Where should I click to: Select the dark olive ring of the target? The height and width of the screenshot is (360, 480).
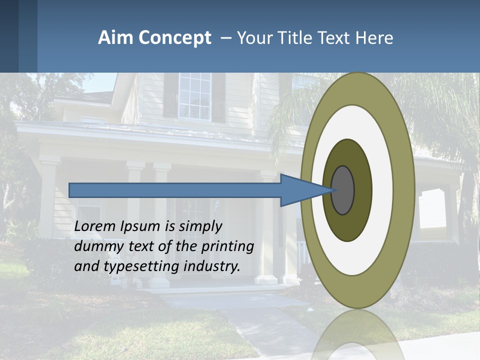coord(362,190)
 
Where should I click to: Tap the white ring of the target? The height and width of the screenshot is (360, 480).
coord(382,190)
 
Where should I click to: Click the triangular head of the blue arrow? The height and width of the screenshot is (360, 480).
coord(300,190)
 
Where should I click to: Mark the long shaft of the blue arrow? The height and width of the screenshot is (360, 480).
coord(175,190)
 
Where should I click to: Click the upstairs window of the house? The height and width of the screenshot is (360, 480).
coord(194,96)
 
